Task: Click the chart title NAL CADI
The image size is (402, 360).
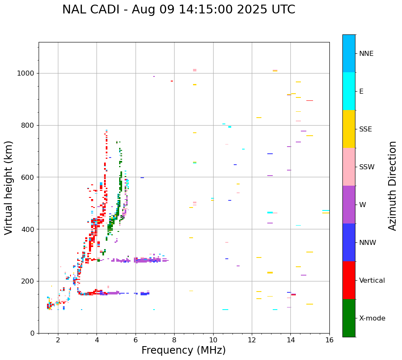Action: [x=178, y=10]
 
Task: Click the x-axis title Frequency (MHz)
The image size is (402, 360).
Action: [x=183, y=350]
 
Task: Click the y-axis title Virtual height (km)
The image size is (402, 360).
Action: [x=9, y=188]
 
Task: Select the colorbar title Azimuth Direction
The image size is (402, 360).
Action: [x=392, y=186]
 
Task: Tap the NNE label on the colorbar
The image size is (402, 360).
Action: [x=366, y=54]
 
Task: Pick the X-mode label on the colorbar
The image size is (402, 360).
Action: [x=372, y=318]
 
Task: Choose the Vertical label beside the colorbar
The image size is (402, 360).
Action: [x=372, y=281]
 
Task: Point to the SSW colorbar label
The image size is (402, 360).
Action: [x=367, y=167]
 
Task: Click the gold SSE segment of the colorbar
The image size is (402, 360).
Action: [x=349, y=129]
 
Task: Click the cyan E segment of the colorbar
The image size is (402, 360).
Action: [x=349, y=91]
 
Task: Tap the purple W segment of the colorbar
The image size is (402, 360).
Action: [x=349, y=205]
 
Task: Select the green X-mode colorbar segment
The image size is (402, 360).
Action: [x=349, y=318]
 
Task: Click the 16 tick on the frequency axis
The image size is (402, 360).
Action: [x=329, y=340]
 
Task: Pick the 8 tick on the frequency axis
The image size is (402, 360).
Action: [x=174, y=340]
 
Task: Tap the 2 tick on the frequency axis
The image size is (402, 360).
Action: [x=58, y=340]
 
